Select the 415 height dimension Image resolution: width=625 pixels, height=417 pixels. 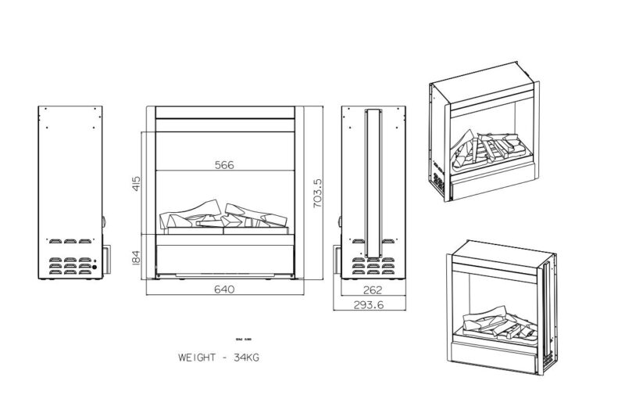click(136, 184)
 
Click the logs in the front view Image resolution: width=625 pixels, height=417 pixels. click(226, 217)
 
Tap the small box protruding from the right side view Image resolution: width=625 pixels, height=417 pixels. click(336, 258)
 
